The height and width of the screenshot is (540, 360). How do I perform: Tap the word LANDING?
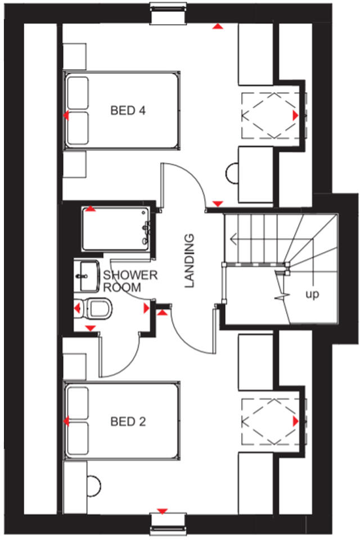190,260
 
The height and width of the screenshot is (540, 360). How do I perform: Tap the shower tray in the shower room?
115,229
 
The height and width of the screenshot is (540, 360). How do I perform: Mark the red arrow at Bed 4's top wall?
217,26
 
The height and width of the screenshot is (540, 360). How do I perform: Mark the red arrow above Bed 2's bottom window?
162,511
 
